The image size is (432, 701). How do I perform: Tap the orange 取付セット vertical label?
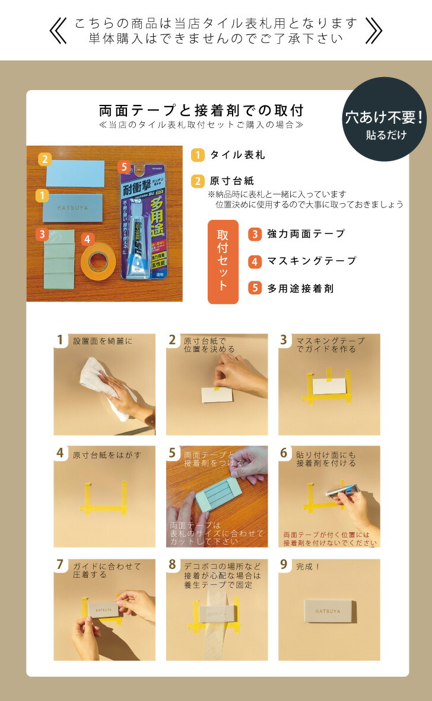(223, 262)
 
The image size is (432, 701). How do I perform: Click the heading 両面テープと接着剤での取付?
(202, 111)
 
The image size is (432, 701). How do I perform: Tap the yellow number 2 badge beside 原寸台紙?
(198, 181)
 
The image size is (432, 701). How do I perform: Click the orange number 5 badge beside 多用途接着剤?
(255, 288)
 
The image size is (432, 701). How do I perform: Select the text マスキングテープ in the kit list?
(312, 261)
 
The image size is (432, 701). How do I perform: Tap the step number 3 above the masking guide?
(284, 340)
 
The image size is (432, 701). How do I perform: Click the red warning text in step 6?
(330, 538)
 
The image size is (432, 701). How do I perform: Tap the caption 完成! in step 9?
(308, 566)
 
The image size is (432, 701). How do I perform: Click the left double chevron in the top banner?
(58, 30)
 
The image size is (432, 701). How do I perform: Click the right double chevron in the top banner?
(373, 30)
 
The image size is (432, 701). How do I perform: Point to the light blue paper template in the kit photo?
(75, 173)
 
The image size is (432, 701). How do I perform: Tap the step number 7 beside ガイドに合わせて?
(60, 565)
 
